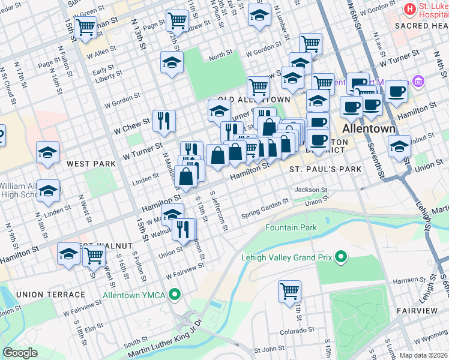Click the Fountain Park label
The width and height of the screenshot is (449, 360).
pos(291,228)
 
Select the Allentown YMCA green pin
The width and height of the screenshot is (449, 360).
pos(175,295)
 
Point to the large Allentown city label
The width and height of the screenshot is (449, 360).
pos(369,129)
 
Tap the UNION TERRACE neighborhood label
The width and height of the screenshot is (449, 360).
pos(51,295)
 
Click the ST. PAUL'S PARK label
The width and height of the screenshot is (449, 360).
pos(325,169)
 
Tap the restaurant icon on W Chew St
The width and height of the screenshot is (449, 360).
pos(163,121)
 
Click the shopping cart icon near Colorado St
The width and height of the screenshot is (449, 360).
pos(289,292)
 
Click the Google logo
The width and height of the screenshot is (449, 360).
pos(20,353)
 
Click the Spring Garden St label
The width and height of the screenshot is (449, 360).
pos(265,211)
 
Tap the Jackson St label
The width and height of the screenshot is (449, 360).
pos(310,190)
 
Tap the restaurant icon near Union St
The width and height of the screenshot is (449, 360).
pos(183,229)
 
